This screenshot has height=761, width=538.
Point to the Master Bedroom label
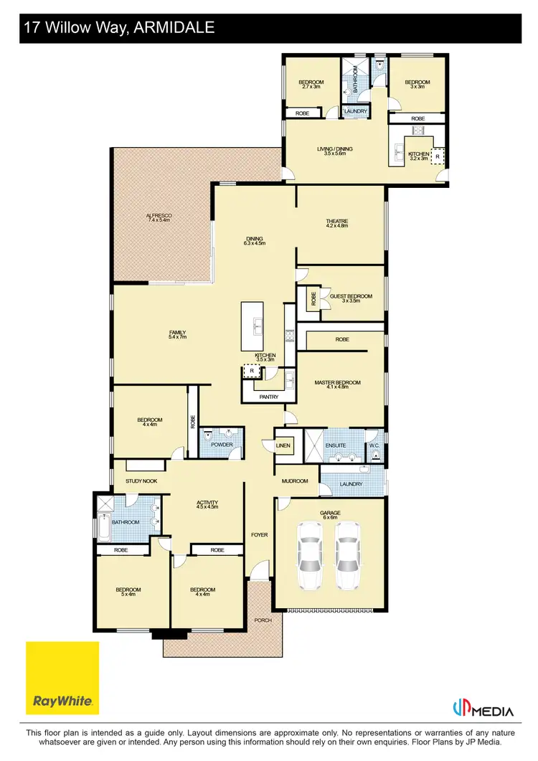pyautogui.click(x=337, y=383)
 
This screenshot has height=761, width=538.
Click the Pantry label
pyautogui.click(x=269, y=396)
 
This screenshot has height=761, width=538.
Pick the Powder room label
pyautogui.click(x=222, y=445)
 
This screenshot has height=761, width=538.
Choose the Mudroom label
pyautogui.click(x=295, y=481)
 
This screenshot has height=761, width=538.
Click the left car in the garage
pyautogui.click(x=310, y=554)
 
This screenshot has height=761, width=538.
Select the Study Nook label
pyautogui.click(x=141, y=481)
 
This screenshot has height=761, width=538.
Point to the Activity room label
pyautogui.click(x=207, y=504)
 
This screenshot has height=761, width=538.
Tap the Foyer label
pyautogui.click(x=259, y=535)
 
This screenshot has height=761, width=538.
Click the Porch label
pyautogui.click(x=263, y=620)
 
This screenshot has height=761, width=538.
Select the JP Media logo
pyautogui.click(x=483, y=710)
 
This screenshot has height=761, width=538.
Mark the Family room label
pyautogui.click(x=177, y=334)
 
